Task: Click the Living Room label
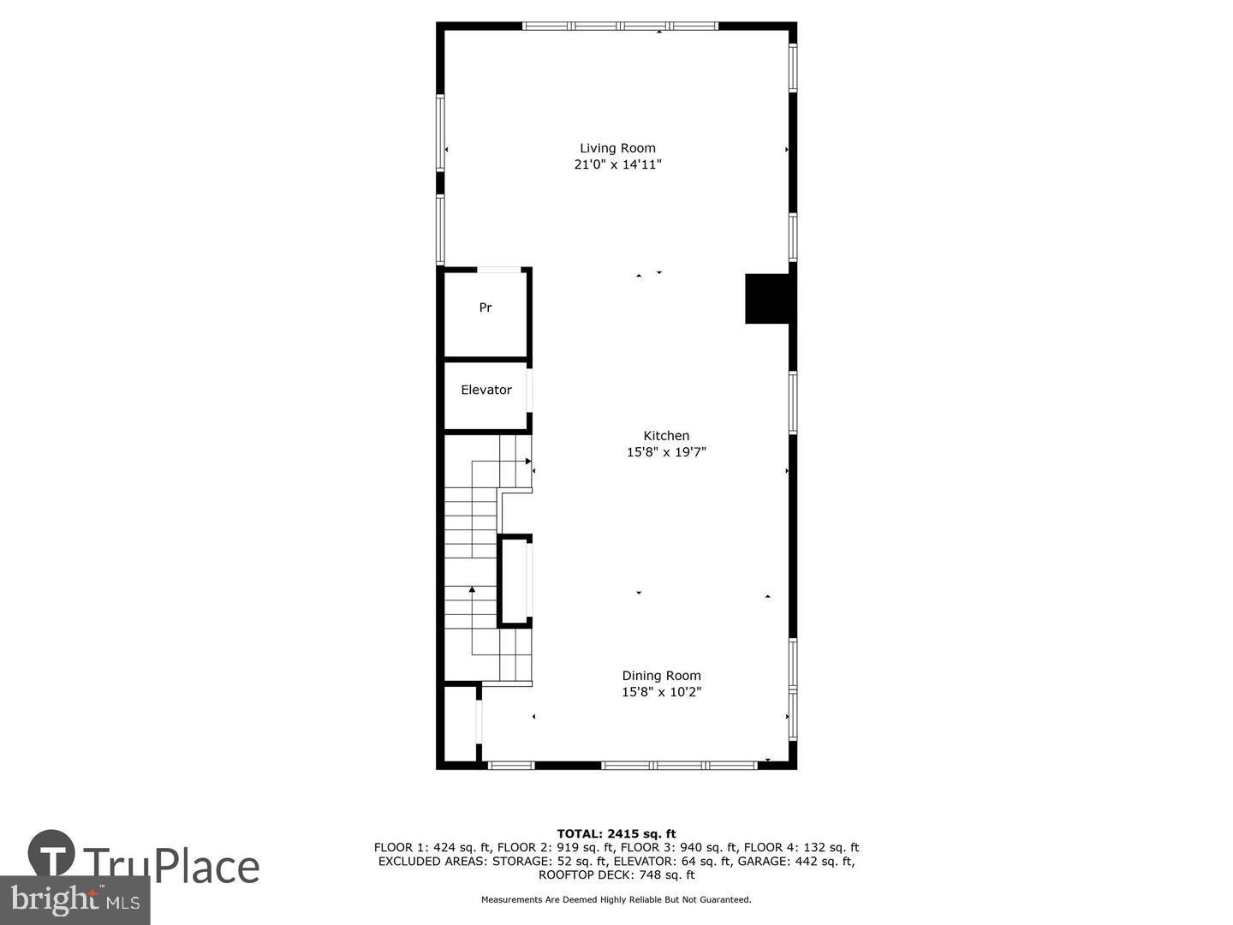tap(617, 148)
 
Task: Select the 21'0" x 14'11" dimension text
tap(617, 164)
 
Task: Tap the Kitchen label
tap(666, 436)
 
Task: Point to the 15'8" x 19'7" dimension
tap(666, 452)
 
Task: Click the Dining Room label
tap(661, 676)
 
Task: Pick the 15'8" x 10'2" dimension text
tap(661, 692)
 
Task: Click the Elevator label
tap(485, 390)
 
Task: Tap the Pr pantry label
tap(485, 307)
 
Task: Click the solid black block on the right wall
tap(768, 299)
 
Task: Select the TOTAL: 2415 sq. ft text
tap(616, 833)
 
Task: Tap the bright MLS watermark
tap(74, 900)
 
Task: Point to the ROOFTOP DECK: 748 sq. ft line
tap(616, 874)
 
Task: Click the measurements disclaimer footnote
tap(616, 899)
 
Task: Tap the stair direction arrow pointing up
tap(472, 589)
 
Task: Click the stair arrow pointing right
tap(528, 461)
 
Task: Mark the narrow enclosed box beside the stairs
tap(515, 581)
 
